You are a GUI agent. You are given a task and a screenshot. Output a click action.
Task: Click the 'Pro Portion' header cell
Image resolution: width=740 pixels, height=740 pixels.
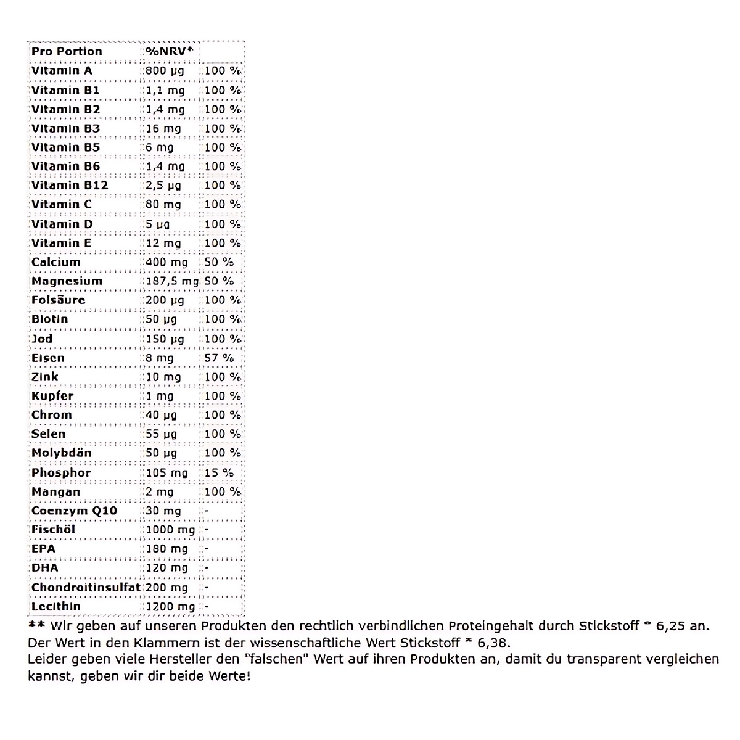(x=67, y=51)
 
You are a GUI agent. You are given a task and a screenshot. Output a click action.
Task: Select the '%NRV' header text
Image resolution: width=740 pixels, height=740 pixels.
(x=170, y=51)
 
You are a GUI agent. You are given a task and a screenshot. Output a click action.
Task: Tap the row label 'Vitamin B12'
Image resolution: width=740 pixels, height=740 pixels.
(x=70, y=185)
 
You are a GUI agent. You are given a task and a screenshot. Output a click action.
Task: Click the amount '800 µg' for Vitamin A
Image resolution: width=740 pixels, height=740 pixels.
(x=165, y=70)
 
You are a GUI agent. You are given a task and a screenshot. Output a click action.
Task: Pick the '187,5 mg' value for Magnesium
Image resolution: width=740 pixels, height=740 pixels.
(x=172, y=281)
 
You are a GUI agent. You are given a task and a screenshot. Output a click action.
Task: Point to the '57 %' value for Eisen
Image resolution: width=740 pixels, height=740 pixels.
(x=219, y=358)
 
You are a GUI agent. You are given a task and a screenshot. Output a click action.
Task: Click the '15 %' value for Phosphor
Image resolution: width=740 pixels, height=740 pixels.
(x=219, y=472)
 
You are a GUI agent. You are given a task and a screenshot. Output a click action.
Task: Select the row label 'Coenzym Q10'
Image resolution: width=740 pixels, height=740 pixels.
(x=74, y=511)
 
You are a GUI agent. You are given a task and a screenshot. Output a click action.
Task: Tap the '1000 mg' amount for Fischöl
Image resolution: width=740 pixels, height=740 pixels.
(x=170, y=530)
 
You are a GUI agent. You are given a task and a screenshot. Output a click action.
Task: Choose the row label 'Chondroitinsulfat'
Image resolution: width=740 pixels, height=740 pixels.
(x=86, y=587)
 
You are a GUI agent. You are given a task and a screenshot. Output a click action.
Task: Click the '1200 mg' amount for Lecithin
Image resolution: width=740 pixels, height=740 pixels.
(x=170, y=606)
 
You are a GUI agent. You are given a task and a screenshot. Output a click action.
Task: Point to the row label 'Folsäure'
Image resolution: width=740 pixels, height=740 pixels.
(x=59, y=300)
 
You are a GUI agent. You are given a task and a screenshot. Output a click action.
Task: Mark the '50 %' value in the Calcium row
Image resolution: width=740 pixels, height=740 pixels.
(x=219, y=261)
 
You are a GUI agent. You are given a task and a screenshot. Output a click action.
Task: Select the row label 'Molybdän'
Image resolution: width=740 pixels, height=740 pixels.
(x=62, y=453)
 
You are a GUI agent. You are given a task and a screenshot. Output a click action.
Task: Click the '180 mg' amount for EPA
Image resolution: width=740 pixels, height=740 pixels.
(x=166, y=549)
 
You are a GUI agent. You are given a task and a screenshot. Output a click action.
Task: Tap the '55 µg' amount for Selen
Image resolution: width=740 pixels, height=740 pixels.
(x=162, y=434)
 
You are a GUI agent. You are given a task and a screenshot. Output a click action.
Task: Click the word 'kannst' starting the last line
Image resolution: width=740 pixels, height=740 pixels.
(x=46, y=676)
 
